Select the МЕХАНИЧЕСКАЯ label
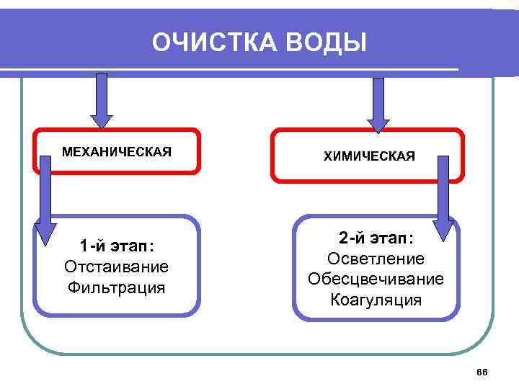(117, 152)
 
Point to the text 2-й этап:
(376, 238)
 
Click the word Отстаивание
(117, 267)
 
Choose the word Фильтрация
(117, 288)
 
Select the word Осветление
(376, 259)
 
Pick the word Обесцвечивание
(376, 279)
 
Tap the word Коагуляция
(376, 300)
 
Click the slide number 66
(482, 371)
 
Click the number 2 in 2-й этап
(344, 238)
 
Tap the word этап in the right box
(391, 238)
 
